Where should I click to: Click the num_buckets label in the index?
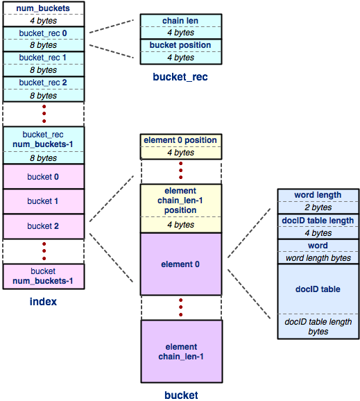point(43,8)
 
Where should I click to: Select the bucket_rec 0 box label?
point(43,33)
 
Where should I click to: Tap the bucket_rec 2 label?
point(43,83)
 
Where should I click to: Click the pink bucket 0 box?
point(44,176)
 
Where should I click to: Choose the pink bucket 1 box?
point(44,201)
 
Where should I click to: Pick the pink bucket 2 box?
point(44,226)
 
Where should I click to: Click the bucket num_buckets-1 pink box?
point(44,276)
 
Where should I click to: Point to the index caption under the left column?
point(43,302)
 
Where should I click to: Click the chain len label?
point(180,20)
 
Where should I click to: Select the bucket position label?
point(180,45)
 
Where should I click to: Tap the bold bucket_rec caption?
point(180,77)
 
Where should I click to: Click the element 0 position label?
point(180,140)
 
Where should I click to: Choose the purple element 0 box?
point(181,264)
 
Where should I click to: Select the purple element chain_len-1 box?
point(182,351)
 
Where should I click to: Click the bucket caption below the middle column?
point(181,395)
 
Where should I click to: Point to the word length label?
point(318,195)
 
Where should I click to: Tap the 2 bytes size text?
point(318,207)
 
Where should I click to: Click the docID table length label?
point(318,221)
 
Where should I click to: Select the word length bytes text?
point(318,258)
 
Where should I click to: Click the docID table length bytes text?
point(318,326)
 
